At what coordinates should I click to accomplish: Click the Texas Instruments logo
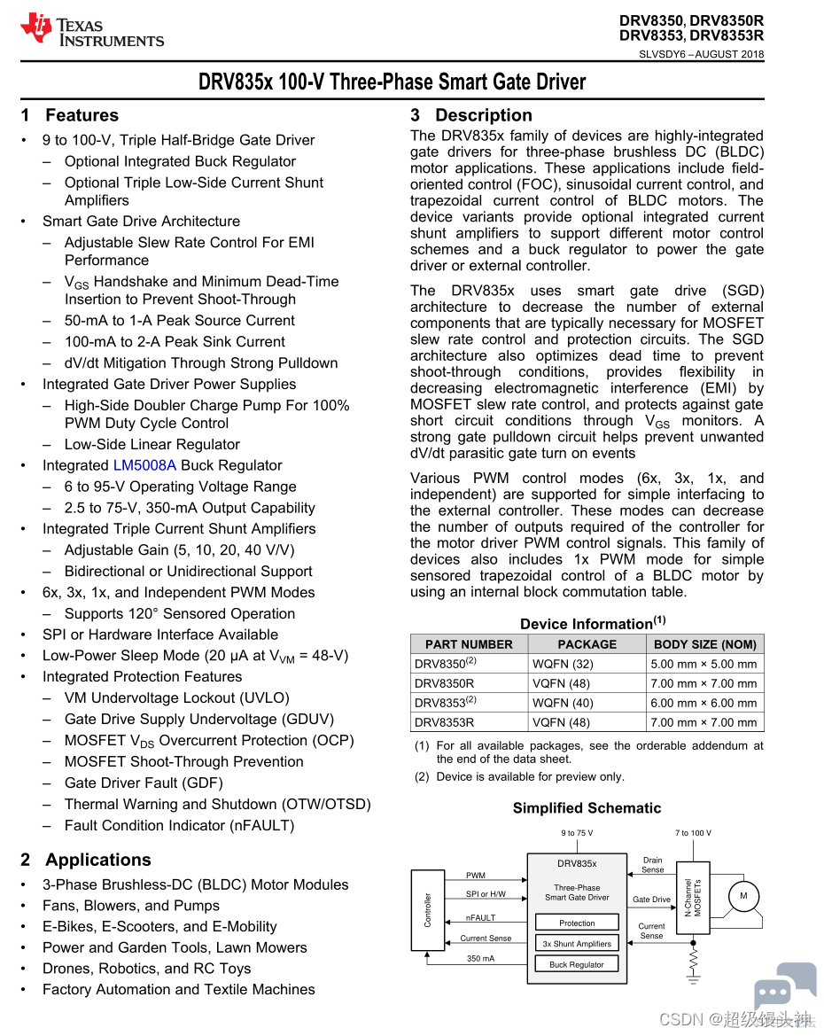coord(92,30)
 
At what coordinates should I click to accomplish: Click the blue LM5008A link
coord(144,465)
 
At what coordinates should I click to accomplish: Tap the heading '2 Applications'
coord(85,860)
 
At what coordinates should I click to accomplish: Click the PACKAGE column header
coord(587,644)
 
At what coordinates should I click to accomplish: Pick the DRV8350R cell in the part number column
coord(445,683)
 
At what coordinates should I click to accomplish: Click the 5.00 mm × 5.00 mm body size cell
coord(704,664)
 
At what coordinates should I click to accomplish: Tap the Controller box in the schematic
coord(428,910)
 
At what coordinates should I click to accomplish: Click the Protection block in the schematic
coord(577,923)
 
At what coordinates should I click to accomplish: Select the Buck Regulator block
coord(577,964)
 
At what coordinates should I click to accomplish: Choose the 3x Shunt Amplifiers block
coord(577,944)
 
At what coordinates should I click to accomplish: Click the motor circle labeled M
coord(743,896)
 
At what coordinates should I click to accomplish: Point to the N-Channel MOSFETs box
coord(693,899)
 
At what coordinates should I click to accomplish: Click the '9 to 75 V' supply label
coord(577,833)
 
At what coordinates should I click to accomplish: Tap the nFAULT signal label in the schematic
coord(481,918)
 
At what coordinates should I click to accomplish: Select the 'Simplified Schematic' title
coord(587,808)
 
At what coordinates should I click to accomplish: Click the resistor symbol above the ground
coord(694,958)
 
